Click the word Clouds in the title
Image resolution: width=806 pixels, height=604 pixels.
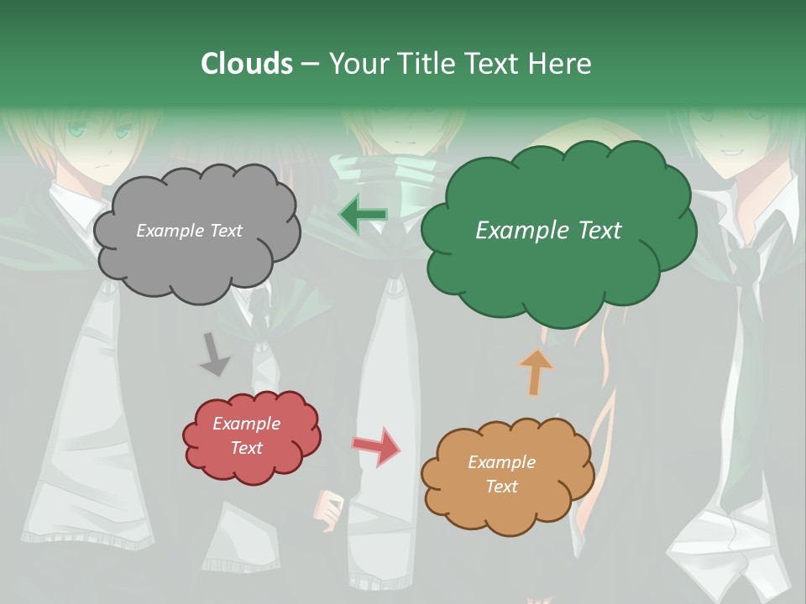click(x=247, y=64)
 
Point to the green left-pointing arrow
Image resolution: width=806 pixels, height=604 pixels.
click(x=363, y=216)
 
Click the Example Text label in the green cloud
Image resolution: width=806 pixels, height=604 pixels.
click(x=548, y=231)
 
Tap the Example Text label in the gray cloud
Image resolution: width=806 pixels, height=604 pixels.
click(x=189, y=231)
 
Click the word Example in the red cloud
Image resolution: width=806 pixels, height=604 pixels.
click(x=247, y=424)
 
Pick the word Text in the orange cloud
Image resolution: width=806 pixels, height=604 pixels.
click(x=502, y=487)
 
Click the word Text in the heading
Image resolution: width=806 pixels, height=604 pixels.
click(x=493, y=64)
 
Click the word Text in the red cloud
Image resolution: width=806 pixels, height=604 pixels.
click(x=247, y=448)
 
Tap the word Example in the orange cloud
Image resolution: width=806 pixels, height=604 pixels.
click(x=502, y=462)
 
